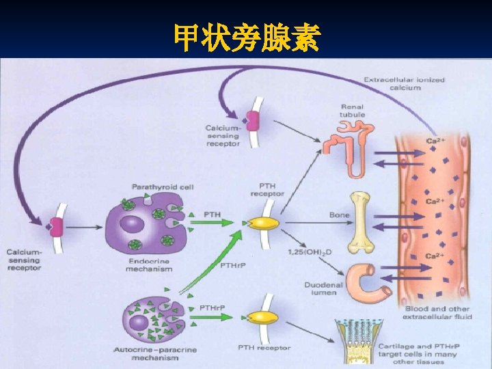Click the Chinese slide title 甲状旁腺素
pos(246,38)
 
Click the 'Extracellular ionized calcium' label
pos(404,83)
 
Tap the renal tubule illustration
pos(347,151)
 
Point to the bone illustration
pos(361,221)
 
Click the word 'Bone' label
pos(339,215)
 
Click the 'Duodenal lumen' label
pos(320,288)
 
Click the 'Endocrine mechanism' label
pos(149,264)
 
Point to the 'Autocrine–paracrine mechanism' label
pos(154,353)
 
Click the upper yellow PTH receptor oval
pos(263,223)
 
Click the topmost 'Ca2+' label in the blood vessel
pos(435,141)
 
